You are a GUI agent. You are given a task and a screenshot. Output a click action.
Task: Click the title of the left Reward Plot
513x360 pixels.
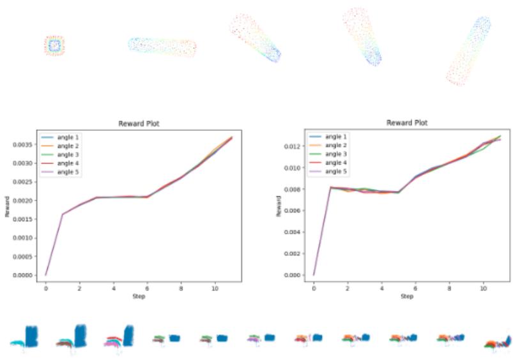tap(139, 124)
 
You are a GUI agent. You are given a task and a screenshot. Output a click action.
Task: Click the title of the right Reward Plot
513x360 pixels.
tap(407, 123)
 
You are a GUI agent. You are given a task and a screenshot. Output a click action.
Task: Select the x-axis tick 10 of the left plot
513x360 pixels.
tap(214, 289)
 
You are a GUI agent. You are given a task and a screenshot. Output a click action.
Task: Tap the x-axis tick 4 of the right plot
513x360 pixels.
tap(381, 289)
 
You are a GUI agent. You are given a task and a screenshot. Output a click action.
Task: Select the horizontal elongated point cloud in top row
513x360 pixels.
tap(162, 46)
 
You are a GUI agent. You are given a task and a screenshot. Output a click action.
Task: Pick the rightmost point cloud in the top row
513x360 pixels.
tap(468, 50)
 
